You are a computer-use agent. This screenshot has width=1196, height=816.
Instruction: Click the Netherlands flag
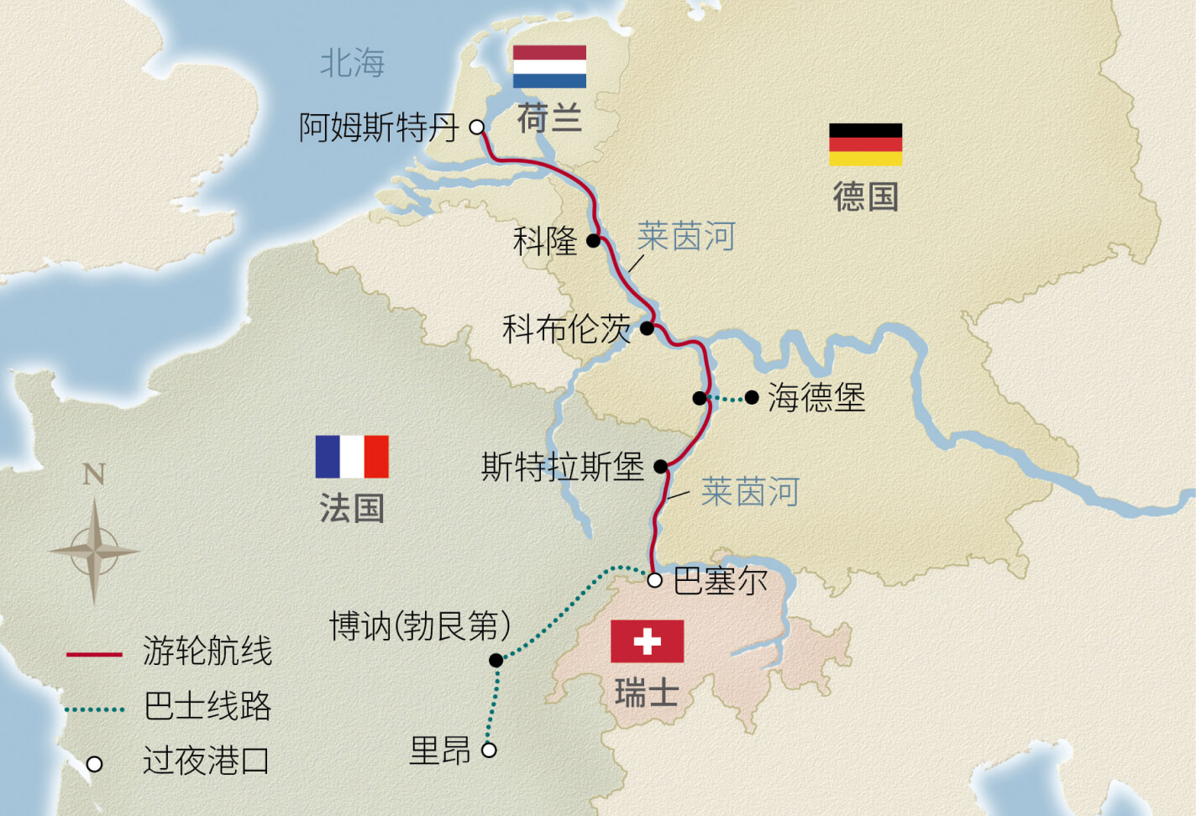[549, 66]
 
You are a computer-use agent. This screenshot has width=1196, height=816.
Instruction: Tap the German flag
[865, 144]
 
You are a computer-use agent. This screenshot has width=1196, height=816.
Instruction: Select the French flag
[352, 457]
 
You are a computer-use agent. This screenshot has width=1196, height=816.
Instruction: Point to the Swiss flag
[647, 641]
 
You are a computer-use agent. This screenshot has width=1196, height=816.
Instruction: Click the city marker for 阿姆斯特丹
[477, 128]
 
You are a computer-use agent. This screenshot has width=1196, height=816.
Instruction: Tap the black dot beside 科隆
[593, 241]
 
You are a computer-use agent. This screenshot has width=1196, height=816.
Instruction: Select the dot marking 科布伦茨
[647, 328]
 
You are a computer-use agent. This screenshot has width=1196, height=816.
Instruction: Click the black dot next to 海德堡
[752, 397]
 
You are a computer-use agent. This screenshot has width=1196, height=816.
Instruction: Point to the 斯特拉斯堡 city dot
[661, 467]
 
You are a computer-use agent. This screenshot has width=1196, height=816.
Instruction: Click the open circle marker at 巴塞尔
[655, 580]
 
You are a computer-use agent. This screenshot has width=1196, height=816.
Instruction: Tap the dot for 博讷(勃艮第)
[496, 661]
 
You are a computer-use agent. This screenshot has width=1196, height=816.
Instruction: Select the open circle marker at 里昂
[489, 750]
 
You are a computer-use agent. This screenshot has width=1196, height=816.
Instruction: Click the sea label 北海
[353, 63]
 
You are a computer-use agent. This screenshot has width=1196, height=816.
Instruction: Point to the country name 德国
[865, 197]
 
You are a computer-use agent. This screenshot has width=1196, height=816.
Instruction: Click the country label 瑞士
[647, 694]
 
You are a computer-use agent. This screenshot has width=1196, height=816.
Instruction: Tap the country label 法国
[352, 509]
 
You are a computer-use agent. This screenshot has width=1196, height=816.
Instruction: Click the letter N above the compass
[94, 475]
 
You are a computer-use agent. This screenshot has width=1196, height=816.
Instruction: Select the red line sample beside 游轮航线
[94, 653]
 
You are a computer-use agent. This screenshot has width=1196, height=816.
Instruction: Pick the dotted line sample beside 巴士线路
[94, 709]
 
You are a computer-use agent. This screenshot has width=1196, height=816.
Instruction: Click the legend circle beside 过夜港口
[95, 764]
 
